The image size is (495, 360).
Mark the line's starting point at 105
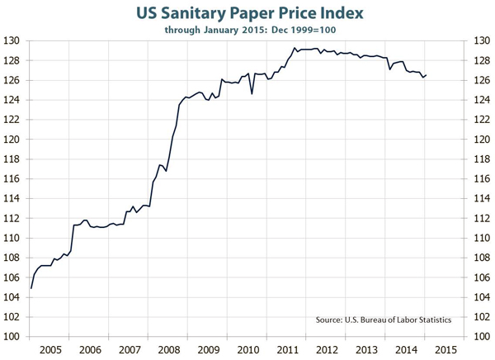coord(31,287)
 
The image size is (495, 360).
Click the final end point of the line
coord(427,75)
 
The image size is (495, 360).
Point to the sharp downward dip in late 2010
coord(252,93)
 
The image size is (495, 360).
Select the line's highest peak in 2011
coord(295,48)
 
